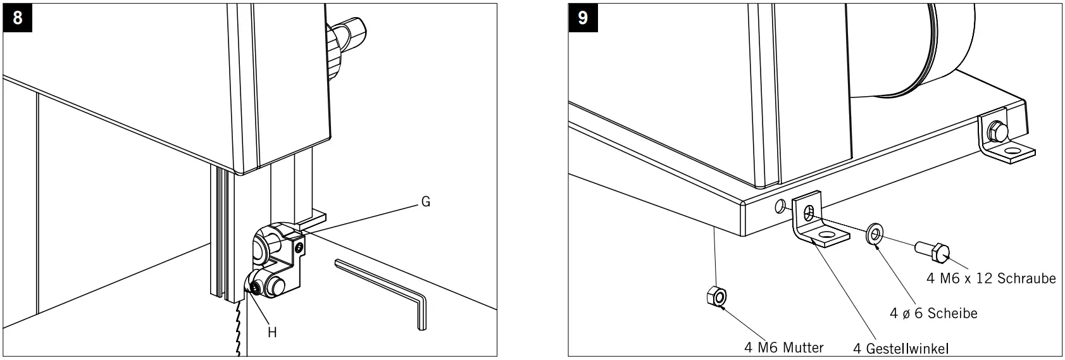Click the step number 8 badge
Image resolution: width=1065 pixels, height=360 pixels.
(x=17, y=17)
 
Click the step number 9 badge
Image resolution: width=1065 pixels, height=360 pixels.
(x=582, y=17)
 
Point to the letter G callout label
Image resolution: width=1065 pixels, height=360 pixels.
(x=425, y=202)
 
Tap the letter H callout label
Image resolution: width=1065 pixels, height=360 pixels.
(x=272, y=332)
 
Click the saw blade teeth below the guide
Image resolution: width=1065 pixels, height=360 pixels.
(x=239, y=329)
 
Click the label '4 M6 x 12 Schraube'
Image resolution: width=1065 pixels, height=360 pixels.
(x=991, y=278)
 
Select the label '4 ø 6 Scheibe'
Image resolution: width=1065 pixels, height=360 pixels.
(x=933, y=313)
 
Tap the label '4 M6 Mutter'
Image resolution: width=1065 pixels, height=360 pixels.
(x=783, y=347)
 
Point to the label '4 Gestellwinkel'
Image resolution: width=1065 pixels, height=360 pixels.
(x=901, y=349)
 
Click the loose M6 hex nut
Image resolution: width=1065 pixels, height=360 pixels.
(x=716, y=296)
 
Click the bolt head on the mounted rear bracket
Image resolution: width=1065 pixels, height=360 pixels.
(x=996, y=131)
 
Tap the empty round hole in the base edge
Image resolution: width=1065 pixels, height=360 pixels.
(x=780, y=206)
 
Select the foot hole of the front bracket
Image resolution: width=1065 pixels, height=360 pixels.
(x=825, y=237)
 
